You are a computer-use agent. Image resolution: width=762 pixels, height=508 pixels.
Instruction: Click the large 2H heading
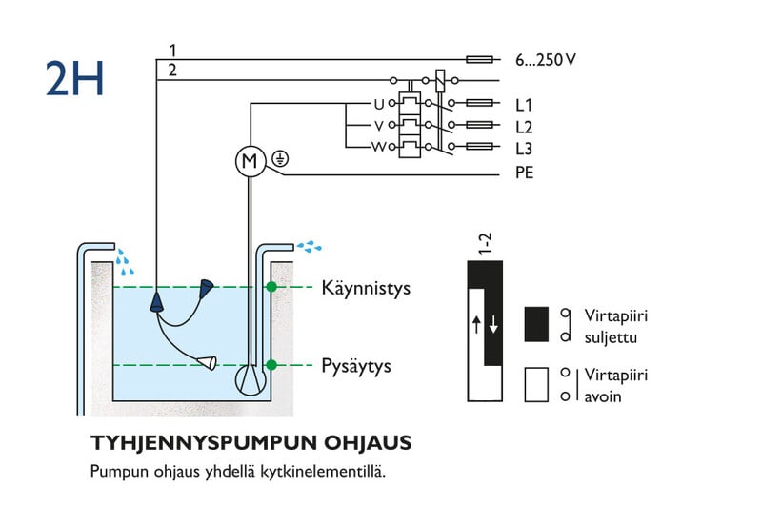[x=73, y=80]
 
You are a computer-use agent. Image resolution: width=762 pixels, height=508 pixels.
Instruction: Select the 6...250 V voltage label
[x=545, y=59]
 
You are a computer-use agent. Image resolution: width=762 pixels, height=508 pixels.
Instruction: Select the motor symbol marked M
[x=250, y=162]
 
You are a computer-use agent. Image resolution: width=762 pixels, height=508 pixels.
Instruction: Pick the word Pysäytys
[x=356, y=365]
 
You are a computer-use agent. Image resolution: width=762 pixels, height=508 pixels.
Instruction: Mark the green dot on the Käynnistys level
[x=271, y=286]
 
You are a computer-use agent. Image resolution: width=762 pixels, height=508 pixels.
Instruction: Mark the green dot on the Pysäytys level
[x=271, y=364]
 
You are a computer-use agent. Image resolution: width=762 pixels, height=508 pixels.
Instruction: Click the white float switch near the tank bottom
[x=207, y=362]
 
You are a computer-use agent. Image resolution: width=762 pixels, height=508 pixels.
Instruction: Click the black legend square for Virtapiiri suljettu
[x=536, y=324]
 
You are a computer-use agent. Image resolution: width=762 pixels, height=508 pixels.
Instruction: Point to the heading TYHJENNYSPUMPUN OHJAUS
[x=251, y=443]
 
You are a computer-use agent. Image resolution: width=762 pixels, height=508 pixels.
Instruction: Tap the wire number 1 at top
[x=172, y=50]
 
